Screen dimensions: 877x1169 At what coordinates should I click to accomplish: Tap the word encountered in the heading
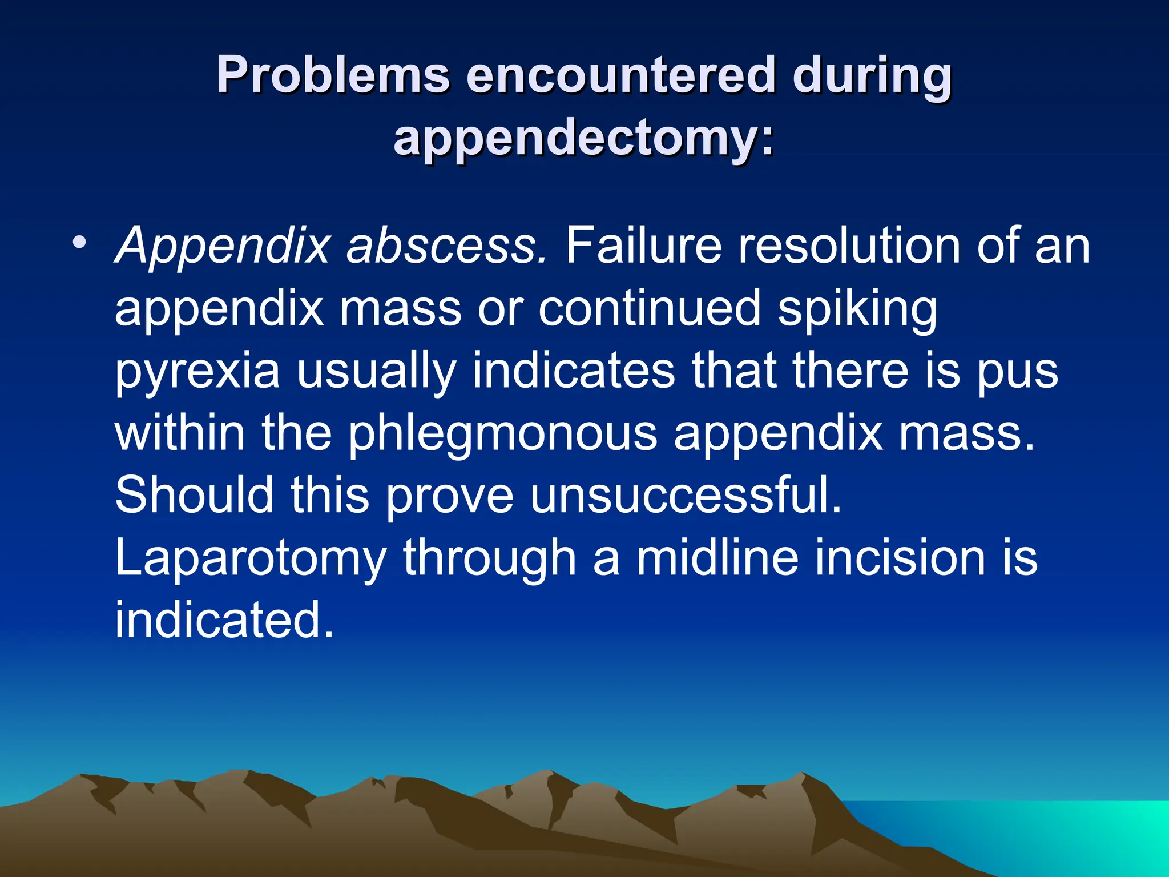[620, 76]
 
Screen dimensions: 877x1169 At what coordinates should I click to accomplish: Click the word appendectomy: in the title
[584, 138]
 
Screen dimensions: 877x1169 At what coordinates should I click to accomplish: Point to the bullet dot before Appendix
[80, 242]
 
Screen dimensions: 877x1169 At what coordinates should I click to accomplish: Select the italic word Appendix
[223, 247]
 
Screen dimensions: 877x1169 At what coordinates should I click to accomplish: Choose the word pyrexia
[197, 372]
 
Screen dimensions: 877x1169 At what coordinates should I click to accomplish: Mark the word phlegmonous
[502, 435]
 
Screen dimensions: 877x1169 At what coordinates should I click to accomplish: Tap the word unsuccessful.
[685, 495]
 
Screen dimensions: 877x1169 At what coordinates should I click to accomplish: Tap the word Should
[194, 495]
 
